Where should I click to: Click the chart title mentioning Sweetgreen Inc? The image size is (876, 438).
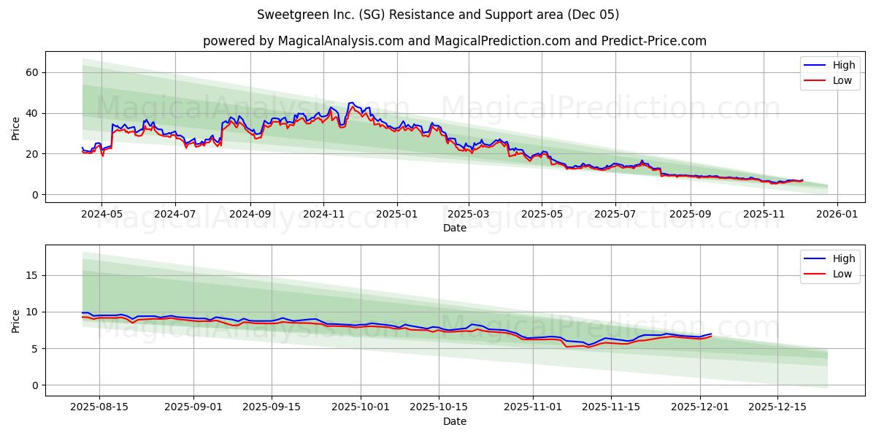[438, 15]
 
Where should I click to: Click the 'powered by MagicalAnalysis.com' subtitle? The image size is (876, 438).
[454, 41]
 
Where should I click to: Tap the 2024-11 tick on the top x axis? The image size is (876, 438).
[323, 215]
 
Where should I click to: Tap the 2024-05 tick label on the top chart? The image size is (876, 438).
[101, 215]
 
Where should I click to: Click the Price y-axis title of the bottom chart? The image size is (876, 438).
[16, 320]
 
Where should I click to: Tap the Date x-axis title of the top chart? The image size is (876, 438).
[454, 228]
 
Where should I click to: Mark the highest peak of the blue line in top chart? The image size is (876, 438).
[352, 103]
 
